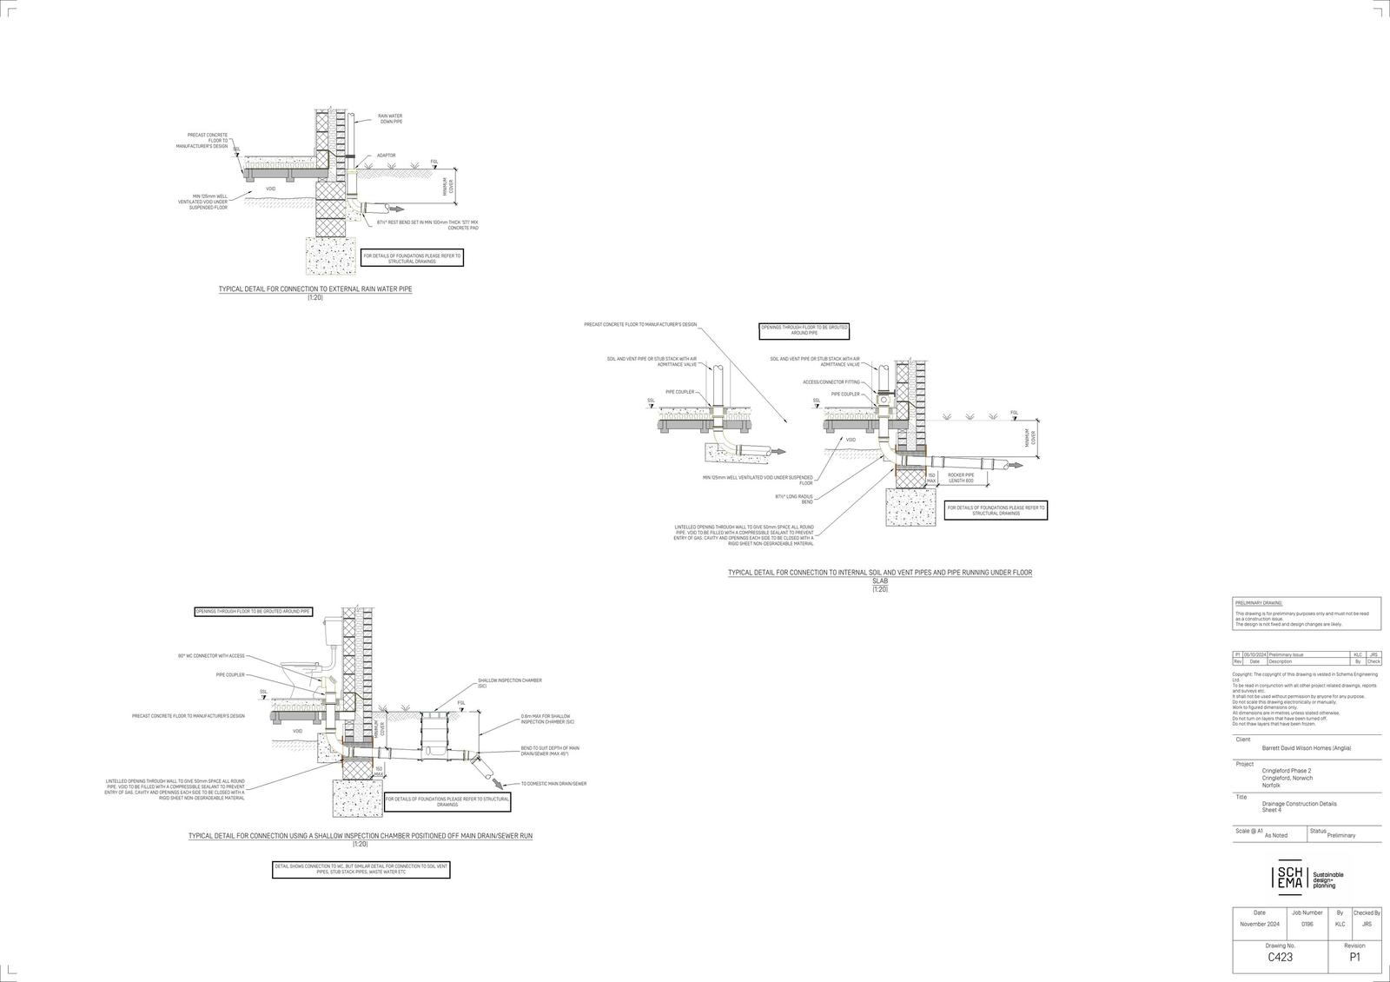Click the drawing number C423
pyautogui.click(x=1279, y=957)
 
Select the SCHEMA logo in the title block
pyautogui.click(x=1288, y=878)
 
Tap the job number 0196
pyautogui.click(x=1307, y=924)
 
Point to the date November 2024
pyautogui.click(x=1260, y=924)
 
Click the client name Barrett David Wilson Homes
pyautogui.click(x=1306, y=748)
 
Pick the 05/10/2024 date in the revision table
pyautogui.click(x=1254, y=654)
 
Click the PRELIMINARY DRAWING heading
pyautogui.click(x=1258, y=602)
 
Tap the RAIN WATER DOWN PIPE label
pyautogui.click(x=389, y=118)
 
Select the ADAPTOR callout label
pyautogui.click(x=386, y=156)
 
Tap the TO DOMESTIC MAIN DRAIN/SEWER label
pyautogui.click(x=553, y=784)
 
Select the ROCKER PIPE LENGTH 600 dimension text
pyautogui.click(x=961, y=478)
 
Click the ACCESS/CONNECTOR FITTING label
pyautogui.click(x=831, y=382)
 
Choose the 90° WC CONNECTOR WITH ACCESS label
pyautogui.click(x=211, y=655)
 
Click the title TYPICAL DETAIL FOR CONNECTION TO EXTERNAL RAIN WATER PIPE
pyautogui.click(x=315, y=289)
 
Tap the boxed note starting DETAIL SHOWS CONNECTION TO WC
pyautogui.click(x=361, y=869)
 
